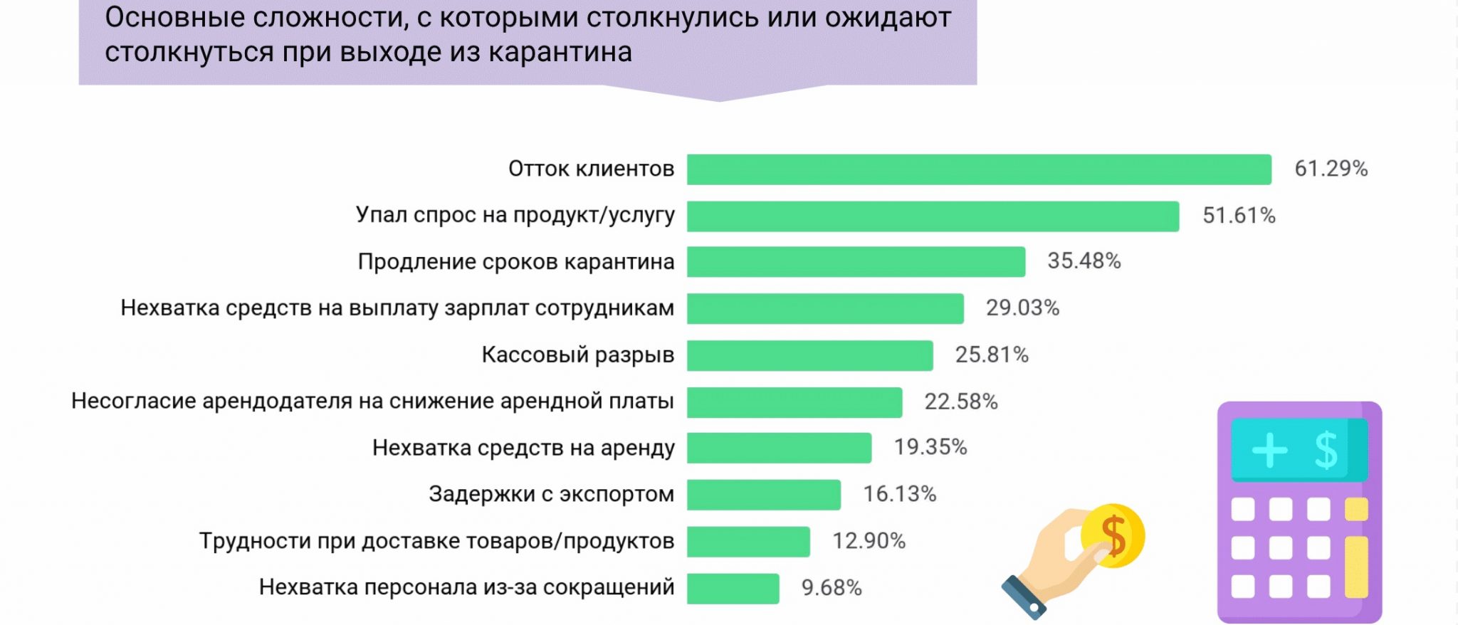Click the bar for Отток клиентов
tap(979, 169)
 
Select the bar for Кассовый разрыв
tap(809, 356)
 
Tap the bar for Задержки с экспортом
tap(763, 495)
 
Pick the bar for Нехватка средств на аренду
tap(779, 448)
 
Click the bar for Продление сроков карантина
tap(856, 262)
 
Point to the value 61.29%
tap(1331, 169)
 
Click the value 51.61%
tap(1239, 216)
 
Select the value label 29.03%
tap(1022, 308)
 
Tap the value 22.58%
tap(961, 402)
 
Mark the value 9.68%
tap(832, 588)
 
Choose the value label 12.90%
tap(869, 542)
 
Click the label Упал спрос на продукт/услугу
tap(515, 215)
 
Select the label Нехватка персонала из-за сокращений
tap(466, 587)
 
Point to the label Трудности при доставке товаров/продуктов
tap(436, 541)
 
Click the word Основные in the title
tap(175, 18)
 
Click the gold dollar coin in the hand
tap(1113, 535)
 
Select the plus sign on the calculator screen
tap(1269, 450)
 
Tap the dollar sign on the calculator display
tap(1326, 450)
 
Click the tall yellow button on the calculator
tap(1356, 567)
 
